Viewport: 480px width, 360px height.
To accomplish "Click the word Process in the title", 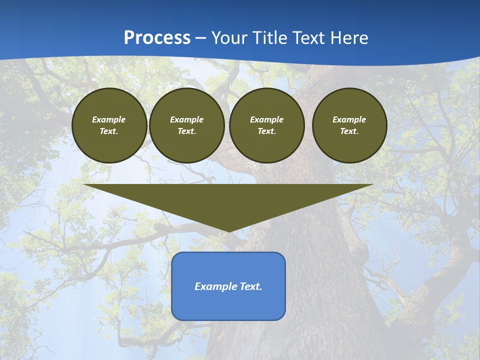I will (157, 38).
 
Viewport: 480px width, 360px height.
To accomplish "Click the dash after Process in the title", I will (201, 39).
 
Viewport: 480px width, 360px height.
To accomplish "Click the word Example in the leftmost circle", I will (109, 119).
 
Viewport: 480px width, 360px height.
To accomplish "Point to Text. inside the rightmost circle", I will (349, 131).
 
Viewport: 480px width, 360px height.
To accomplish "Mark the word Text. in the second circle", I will (186, 131).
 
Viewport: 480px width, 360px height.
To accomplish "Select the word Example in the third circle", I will (266, 119).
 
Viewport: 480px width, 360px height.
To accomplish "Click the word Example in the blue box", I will (214, 286).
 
